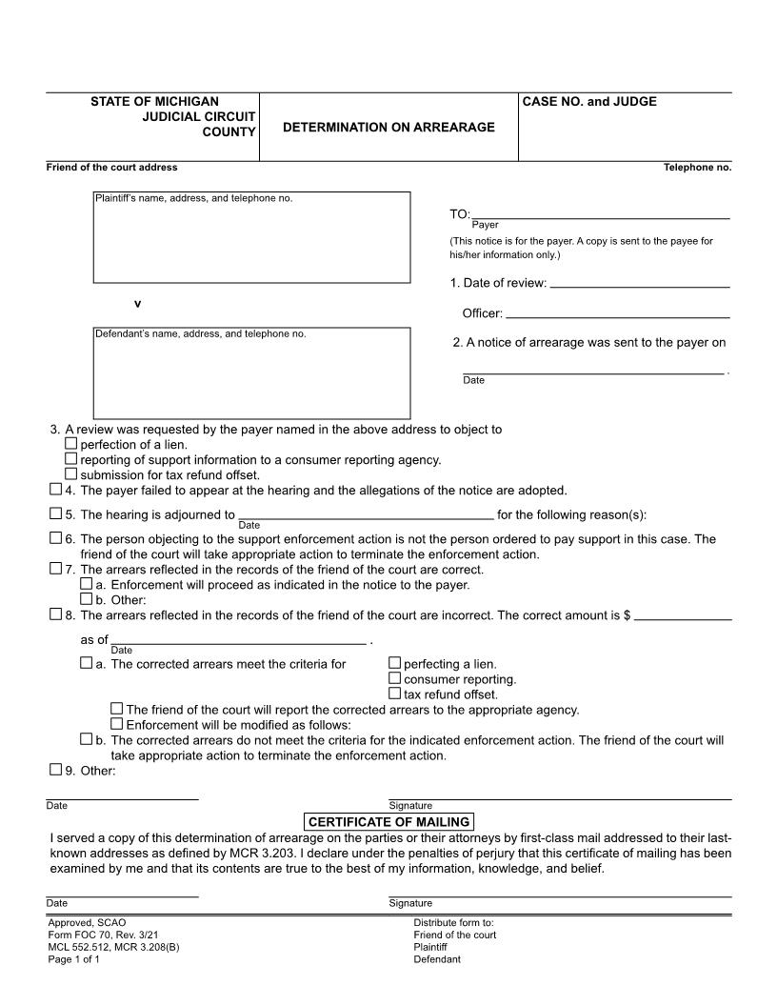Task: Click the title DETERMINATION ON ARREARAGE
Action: point(388,127)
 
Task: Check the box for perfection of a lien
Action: point(71,444)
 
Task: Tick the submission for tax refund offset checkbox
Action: point(71,474)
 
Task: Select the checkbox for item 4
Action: point(55,490)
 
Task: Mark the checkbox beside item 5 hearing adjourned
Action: point(55,514)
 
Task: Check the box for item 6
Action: point(55,538)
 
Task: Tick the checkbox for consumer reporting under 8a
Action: point(395,679)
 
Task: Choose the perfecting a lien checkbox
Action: point(395,664)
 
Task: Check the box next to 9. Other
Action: point(55,770)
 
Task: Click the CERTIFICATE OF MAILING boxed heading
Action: point(388,822)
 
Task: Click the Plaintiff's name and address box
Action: point(251,238)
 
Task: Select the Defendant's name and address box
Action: point(251,373)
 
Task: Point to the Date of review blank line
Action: point(640,285)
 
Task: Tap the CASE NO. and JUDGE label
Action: point(589,102)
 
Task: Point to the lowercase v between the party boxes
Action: point(137,304)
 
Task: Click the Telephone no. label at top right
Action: point(697,168)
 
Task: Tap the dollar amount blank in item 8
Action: point(683,618)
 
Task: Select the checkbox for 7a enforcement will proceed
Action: point(87,584)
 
